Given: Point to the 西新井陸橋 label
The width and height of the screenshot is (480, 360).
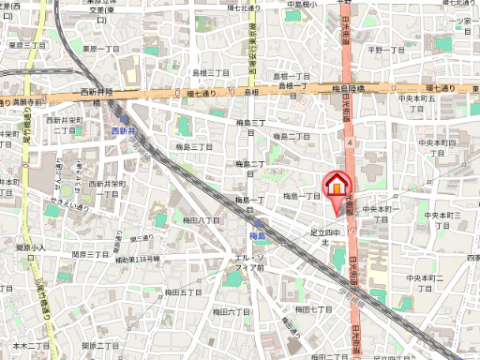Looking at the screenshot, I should point(97,92).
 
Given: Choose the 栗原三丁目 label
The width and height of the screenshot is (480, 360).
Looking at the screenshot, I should point(25,44).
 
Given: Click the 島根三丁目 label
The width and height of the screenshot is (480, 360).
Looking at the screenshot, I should point(211,72).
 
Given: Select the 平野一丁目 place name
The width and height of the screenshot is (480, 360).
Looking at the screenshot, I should point(383,50).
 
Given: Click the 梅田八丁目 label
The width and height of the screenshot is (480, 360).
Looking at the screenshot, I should point(202,219).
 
